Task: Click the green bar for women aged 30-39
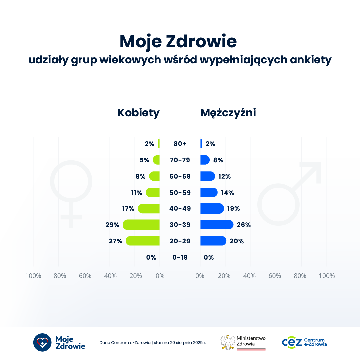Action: [141, 225]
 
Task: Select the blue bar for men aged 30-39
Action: [217, 225]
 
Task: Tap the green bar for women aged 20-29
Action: [143, 241]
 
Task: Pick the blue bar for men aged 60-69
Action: [207, 176]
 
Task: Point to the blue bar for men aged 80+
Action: [201, 144]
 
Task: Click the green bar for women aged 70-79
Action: [156, 160]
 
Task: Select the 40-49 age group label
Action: [180, 209]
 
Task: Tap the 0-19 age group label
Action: [180, 257]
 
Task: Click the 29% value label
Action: [112, 225]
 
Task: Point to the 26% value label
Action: [244, 225]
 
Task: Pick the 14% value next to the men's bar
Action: [227, 193]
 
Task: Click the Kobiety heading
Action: [138, 113]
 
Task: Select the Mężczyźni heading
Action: [228, 113]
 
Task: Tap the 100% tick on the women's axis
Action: [33, 276]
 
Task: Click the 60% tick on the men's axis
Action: [275, 276]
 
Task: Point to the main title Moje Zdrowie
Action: [178, 42]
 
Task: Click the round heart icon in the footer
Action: [42, 342]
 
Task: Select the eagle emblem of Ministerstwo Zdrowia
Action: [228, 342]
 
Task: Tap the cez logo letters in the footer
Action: [292, 342]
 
